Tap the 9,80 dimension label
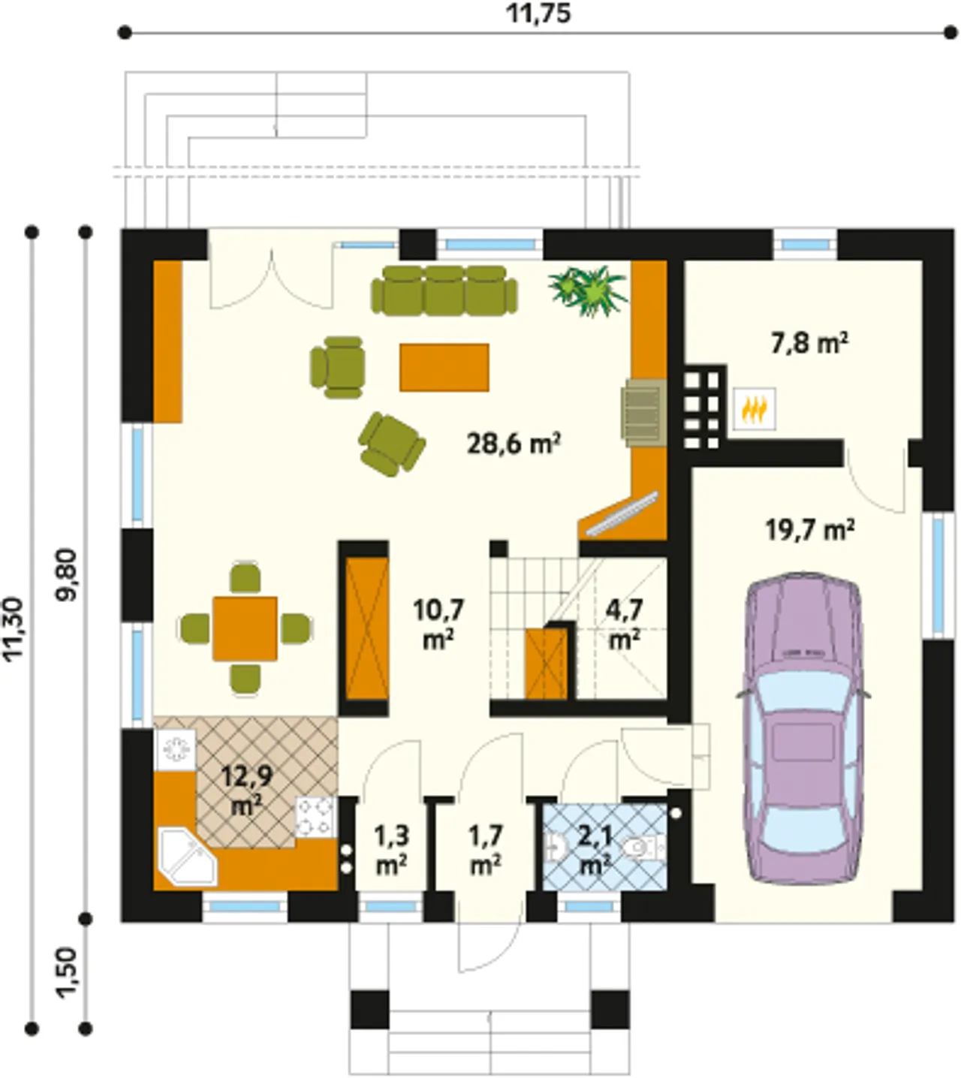pos(68,575)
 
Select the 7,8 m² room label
pos(809,343)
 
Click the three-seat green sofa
pos(444,291)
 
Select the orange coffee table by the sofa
pos(444,367)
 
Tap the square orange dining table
pos(245,628)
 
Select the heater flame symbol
pos(754,408)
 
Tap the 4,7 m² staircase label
pos(625,624)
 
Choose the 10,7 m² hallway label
pos(438,624)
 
